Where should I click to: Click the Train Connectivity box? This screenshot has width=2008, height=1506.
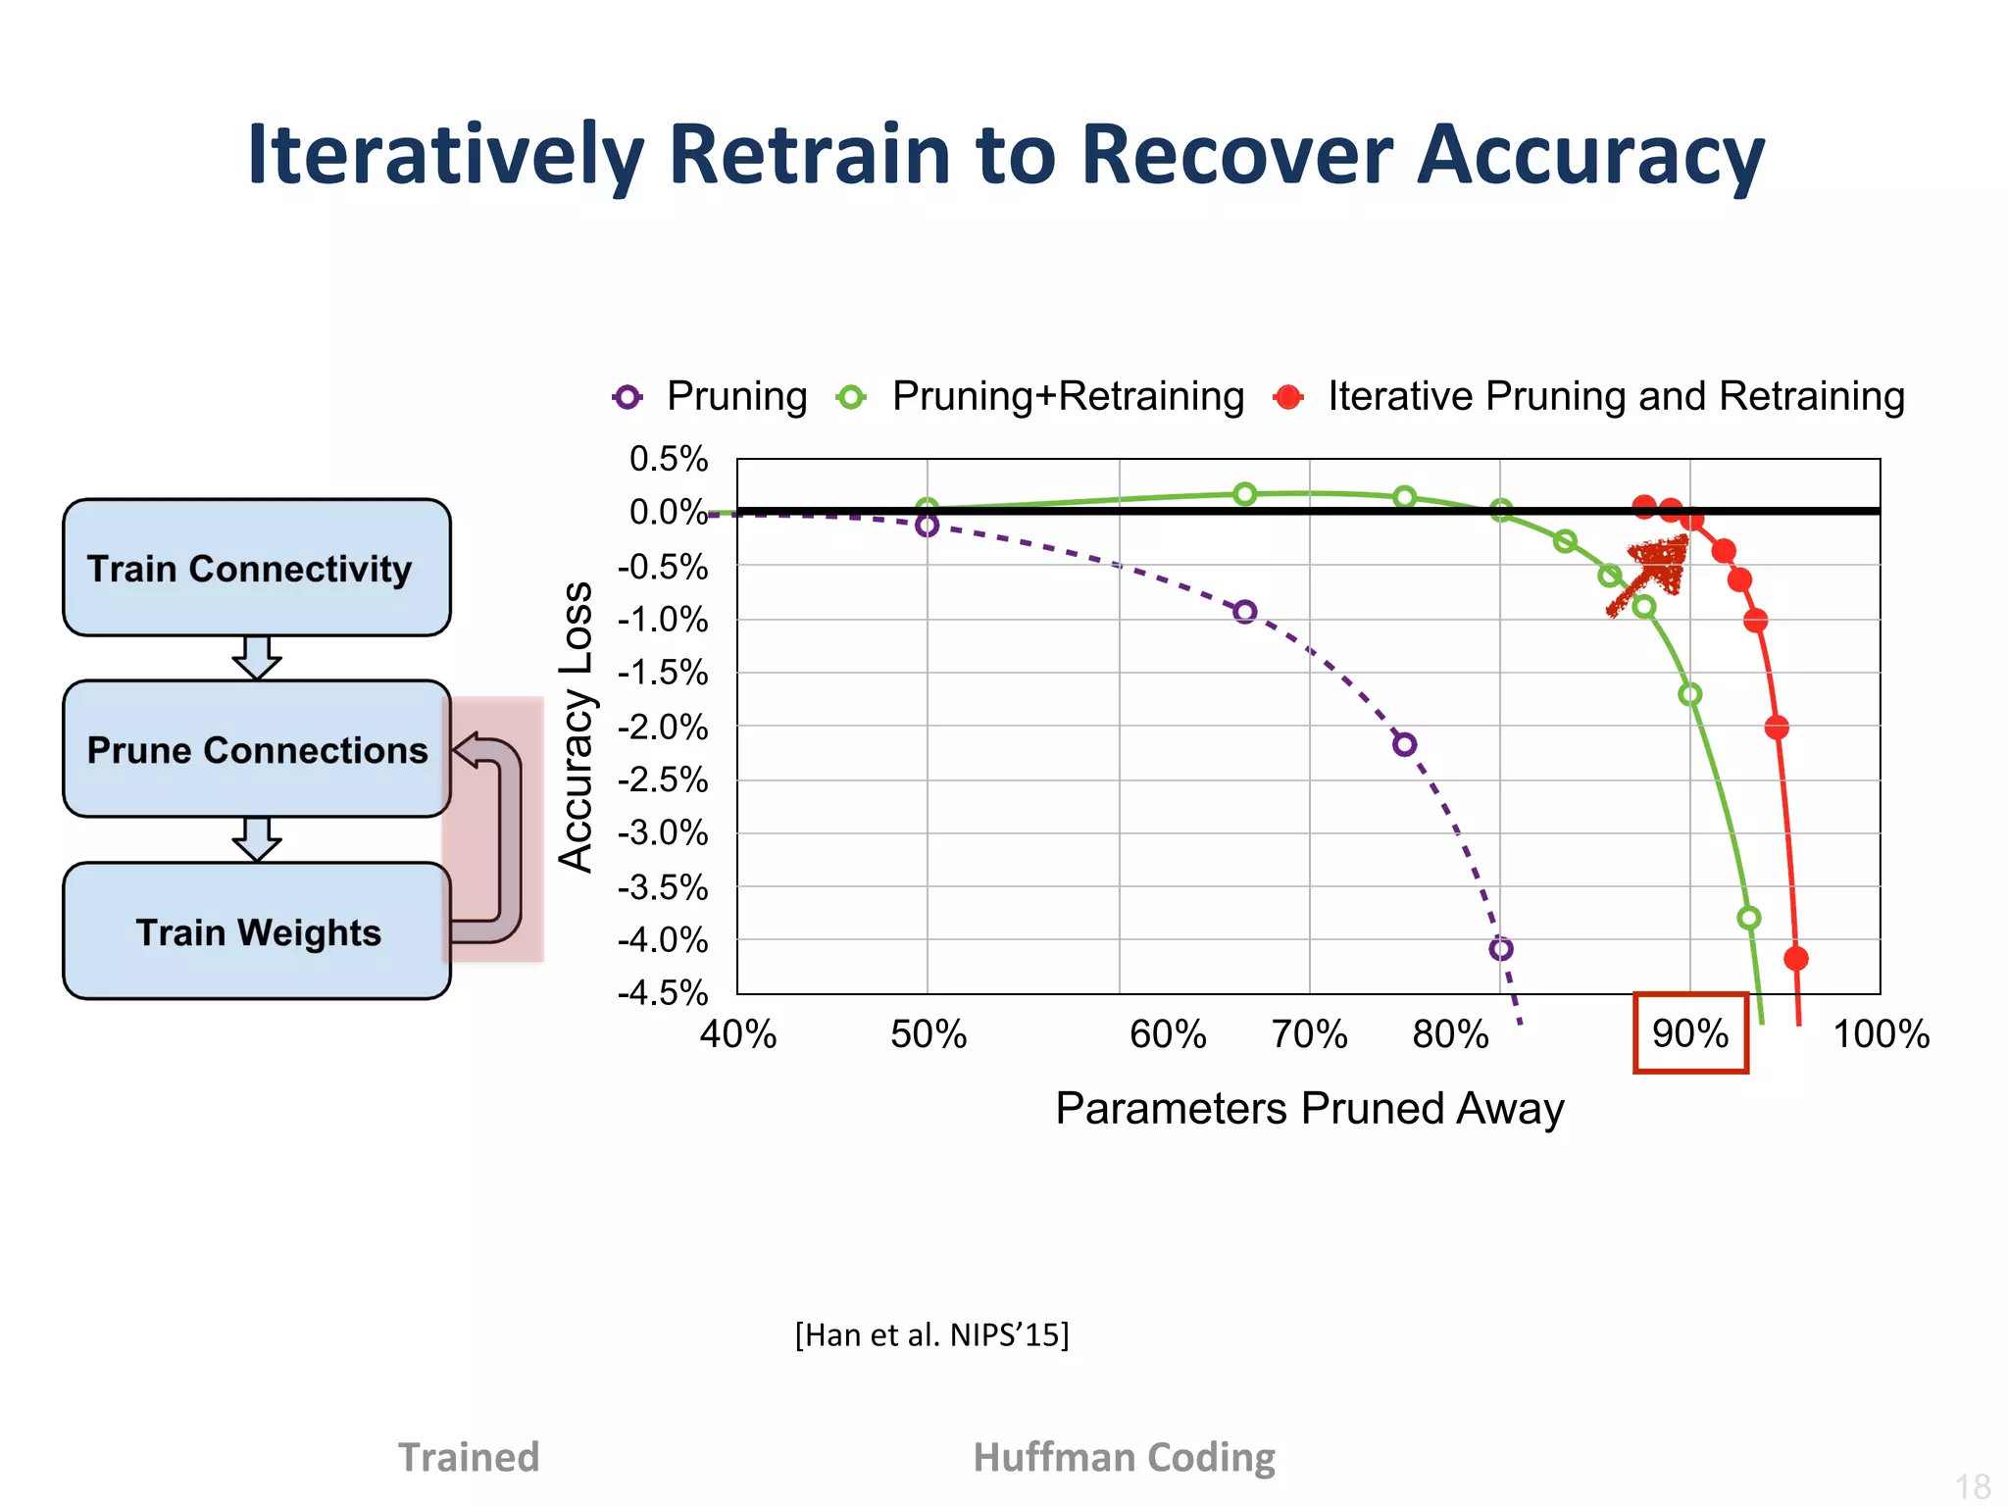pos(257,568)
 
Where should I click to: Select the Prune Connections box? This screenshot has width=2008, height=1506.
pos(257,749)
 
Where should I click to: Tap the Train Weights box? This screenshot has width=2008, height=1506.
pos(257,931)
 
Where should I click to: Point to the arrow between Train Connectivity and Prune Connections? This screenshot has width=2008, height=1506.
pos(257,657)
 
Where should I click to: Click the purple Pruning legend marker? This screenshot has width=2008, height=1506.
pos(627,397)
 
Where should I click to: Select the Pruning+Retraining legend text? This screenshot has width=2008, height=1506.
pos(1067,396)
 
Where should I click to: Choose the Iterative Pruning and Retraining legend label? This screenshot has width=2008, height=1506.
pos(1616,396)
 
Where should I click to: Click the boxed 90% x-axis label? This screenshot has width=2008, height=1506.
pos(1690,1033)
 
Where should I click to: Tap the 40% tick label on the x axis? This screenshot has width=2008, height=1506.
pos(738,1034)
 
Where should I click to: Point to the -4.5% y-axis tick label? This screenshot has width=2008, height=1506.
pos(664,992)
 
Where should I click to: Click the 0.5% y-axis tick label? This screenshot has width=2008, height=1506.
pos(669,459)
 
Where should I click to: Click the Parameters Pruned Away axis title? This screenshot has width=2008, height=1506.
pos(1309,1108)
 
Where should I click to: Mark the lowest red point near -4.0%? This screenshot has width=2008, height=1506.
pos(1796,958)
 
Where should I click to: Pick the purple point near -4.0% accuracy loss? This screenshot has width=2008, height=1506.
pos(1501,949)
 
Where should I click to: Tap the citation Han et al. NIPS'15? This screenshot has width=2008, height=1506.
pos(931,1334)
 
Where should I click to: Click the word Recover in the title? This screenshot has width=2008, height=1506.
pos(1237,155)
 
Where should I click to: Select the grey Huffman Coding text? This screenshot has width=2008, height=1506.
pos(1124,1457)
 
